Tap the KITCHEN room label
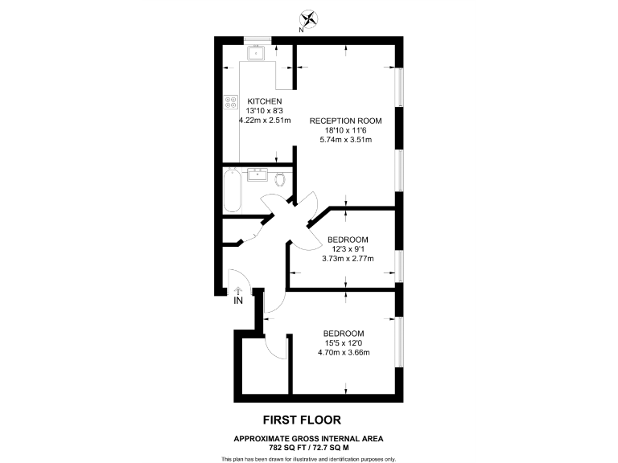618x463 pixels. click(253, 100)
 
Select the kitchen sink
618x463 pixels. click(257, 55)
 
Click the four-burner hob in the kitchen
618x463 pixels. click(231, 102)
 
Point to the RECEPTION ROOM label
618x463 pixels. click(346, 121)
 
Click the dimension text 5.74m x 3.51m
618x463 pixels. click(346, 138)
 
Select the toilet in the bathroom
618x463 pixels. click(280, 178)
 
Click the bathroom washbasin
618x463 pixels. click(259, 174)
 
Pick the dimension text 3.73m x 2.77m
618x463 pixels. click(348, 258)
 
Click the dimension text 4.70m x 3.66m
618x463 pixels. click(344, 351)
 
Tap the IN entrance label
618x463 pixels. click(238, 301)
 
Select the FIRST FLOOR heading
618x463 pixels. click(303, 419)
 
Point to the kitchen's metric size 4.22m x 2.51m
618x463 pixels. click(258, 120)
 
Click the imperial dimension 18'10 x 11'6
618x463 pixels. click(346, 129)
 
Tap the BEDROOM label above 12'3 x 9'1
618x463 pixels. click(348, 240)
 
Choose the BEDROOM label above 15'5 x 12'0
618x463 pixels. click(344, 334)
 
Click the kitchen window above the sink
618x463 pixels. click(257, 38)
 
